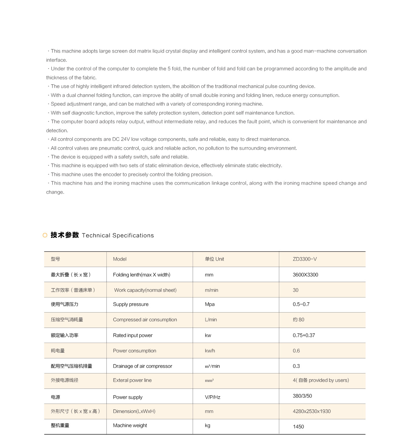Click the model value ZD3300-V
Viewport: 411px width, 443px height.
[305, 259]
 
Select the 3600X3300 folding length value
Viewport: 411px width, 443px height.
[305, 275]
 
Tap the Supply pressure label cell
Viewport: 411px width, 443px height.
[130, 304]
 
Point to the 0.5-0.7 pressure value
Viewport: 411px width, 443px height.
[301, 304]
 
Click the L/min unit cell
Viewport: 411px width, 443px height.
[211, 320]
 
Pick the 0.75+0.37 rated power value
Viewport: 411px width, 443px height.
[304, 335]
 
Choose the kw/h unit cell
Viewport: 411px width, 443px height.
[210, 351]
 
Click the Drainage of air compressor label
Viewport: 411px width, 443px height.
[142, 366]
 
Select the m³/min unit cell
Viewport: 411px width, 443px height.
[212, 366]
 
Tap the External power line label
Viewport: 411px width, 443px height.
[132, 380]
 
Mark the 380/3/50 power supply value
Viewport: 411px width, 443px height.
[302, 396]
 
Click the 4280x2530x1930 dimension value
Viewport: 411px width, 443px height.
[311, 411]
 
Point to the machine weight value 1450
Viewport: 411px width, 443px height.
[298, 427]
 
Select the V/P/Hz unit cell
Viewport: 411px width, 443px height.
[213, 397]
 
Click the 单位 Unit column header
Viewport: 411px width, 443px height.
[214, 259]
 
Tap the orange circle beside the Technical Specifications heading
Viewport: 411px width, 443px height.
[45, 235]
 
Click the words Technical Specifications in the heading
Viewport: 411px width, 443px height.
[118, 236]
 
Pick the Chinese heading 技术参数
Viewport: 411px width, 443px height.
[64, 235]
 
